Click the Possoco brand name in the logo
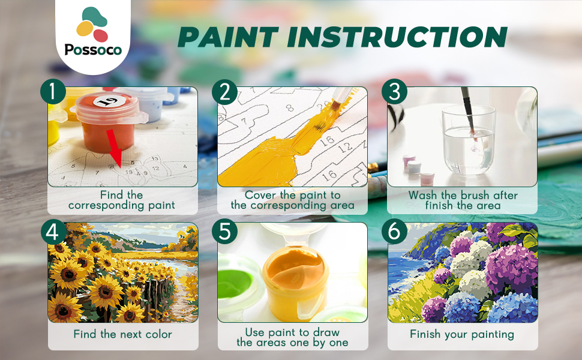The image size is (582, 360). pyautogui.click(x=93, y=49)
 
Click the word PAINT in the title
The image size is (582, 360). pyautogui.click(x=228, y=37)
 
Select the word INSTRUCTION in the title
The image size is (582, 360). pyautogui.click(x=397, y=37)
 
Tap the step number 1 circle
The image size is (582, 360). pyautogui.click(x=53, y=92)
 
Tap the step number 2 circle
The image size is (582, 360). pyautogui.click(x=225, y=92)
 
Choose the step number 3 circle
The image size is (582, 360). pyautogui.click(x=395, y=92)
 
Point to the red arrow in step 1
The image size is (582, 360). pyautogui.click(x=115, y=148)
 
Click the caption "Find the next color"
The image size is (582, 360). pyautogui.click(x=122, y=334)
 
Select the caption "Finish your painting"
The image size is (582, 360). pyautogui.click(x=462, y=334)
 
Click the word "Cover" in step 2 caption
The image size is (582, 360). pyautogui.click(x=260, y=195)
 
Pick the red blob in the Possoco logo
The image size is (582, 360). pyautogui.click(x=101, y=35)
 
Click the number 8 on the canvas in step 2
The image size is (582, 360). pyautogui.click(x=290, y=107)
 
